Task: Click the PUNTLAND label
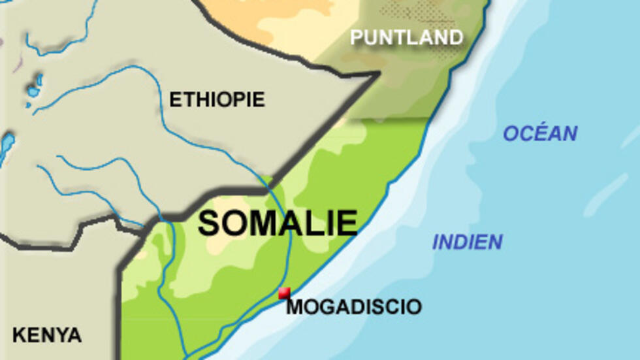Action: (406, 37)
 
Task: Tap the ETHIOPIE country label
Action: (217, 99)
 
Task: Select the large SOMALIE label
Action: (278, 223)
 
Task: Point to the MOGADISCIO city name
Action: (354, 306)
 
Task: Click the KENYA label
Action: (47, 335)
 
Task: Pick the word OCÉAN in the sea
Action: (539, 133)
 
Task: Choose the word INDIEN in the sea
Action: (467, 242)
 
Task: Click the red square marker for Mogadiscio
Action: (284, 293)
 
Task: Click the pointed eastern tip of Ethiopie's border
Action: (377, 74)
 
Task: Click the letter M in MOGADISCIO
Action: (296, 306)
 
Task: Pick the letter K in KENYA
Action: (18, 335)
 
